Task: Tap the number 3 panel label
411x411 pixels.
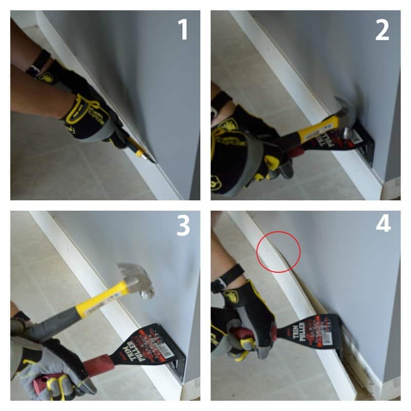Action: (x=183, y=226)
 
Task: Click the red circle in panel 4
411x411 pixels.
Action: (x=278, y=251)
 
